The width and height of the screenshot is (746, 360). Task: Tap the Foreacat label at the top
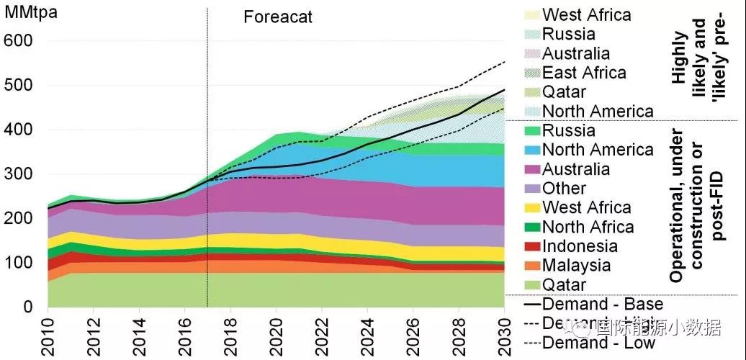pyautogui.click(x=278, y=17)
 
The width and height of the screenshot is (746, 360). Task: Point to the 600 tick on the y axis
pyautogui.click(x=19, y=41)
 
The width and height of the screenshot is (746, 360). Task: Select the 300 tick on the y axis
pyautogui.click(x=19, y=174)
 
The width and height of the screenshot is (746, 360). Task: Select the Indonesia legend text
pyautogui.click(x=580, y=246)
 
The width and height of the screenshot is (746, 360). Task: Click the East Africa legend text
pyautogui.click(x=584, y=73)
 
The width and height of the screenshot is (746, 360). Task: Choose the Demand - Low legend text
pyautogui.click(x=598, y=343)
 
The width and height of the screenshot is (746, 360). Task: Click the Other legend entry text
pyautogui.click(x=564, y=189)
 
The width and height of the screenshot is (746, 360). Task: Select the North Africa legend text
pyautogui.click(x=588, y=228)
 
